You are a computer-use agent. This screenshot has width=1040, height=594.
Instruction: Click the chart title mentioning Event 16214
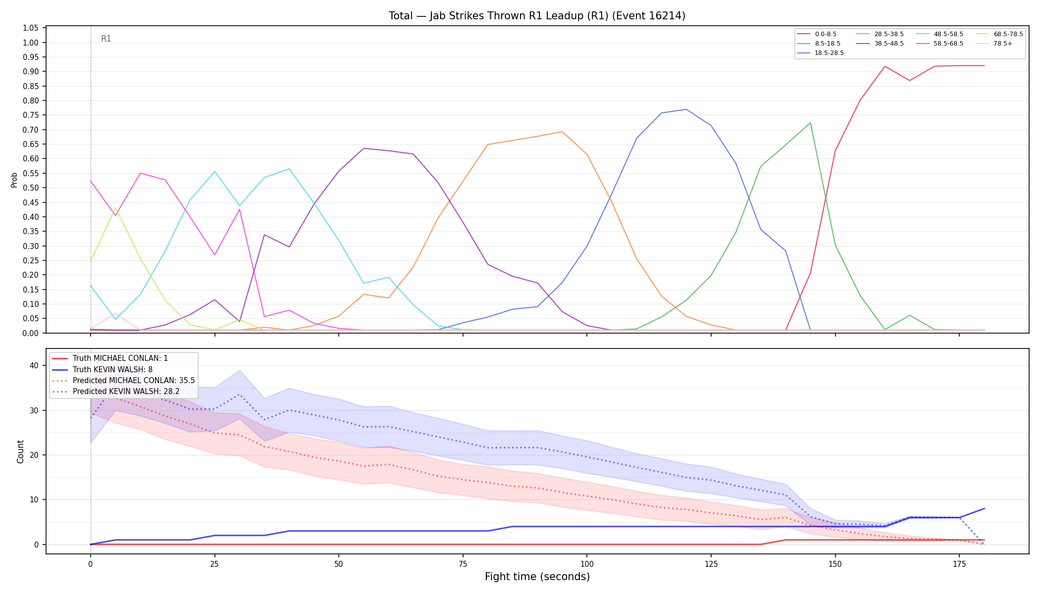pos(537,16)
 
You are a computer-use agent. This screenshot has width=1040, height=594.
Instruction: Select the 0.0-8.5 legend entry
pos(817,34)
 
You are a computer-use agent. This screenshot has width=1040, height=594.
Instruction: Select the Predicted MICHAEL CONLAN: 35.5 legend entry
pos(123,381)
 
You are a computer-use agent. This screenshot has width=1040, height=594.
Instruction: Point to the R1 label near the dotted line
pos(106,39)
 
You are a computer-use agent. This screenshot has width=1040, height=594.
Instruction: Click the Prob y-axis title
pos(14,180)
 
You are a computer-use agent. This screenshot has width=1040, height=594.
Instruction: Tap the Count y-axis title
pos(20,451)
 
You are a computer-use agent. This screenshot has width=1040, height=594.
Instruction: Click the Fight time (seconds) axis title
pos(537,577)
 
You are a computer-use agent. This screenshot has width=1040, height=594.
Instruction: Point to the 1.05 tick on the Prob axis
pos(31,28)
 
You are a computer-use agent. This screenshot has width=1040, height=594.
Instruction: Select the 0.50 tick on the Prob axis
pos(31,188)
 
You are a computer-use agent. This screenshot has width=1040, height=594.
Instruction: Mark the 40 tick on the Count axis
pos(34,366)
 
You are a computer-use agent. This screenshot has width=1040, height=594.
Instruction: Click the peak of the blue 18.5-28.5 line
pos(686,109)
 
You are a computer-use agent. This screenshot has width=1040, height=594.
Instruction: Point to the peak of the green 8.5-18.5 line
pos(810,123)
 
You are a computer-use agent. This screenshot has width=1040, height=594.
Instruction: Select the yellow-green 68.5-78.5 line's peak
pos(115,208)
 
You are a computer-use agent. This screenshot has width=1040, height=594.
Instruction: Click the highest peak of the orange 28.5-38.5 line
pos(562,132)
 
